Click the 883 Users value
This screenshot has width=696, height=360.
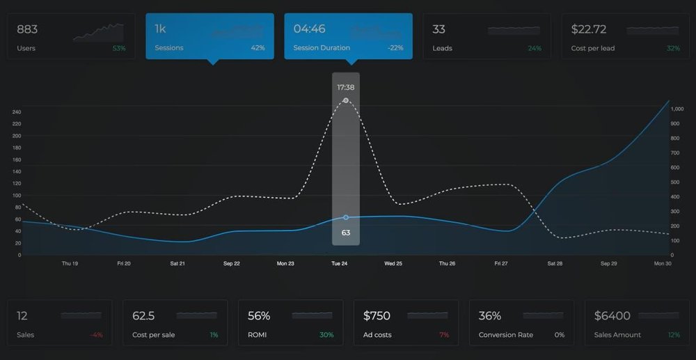[x=27, y=29]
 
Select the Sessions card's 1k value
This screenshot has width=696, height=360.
[x=159, y=29]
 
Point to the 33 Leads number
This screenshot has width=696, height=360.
[x=438, y=29]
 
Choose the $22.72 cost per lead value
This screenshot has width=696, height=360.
[x=588, y=29]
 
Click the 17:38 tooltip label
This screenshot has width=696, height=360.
[x=345, y=87]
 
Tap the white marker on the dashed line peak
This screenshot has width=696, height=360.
[x=346, y=101]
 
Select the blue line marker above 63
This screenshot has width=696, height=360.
[x=346, y=217]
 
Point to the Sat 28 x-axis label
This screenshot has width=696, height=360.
[x=555, y=264]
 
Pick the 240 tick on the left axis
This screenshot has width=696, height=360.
[x=17, y=111]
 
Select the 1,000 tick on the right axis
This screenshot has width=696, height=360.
[x=677, y=109]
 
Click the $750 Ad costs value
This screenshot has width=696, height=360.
[x=377, y=316]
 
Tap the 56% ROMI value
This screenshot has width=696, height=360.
[x=259, y=316]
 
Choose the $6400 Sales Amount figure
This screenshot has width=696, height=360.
[x=612, y=316]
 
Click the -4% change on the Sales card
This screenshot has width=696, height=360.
[x=96, y=335]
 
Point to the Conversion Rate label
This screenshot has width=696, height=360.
[x=506, y=335]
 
